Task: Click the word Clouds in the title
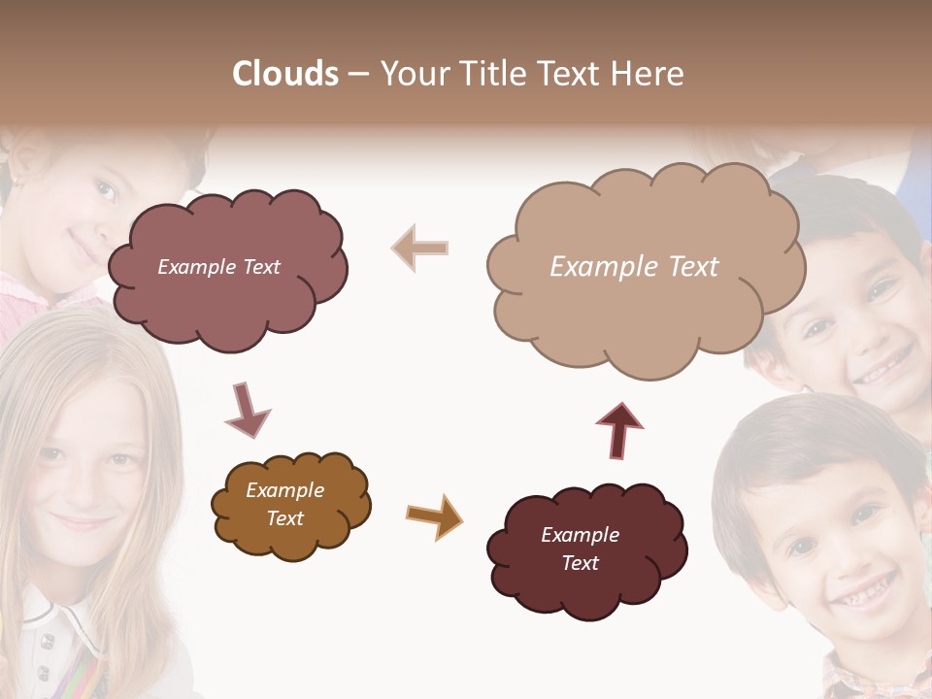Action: click(284, 74)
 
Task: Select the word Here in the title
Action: click(650, 74)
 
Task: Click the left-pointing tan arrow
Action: click(420, 249)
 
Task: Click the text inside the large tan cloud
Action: click(634, 267)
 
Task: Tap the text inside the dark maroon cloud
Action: click(580, 549)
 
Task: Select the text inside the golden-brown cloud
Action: click(284, 504)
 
